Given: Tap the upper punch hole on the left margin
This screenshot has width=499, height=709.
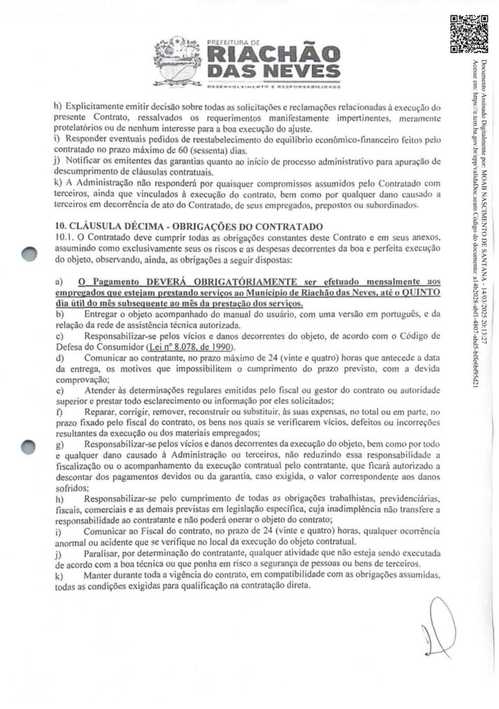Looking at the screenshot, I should click(28, 255).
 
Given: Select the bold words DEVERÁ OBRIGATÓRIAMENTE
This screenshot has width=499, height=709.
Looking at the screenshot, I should click(206, 282).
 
